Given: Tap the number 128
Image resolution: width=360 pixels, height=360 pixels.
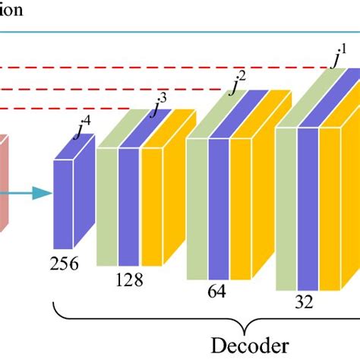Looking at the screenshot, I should click(130, 279).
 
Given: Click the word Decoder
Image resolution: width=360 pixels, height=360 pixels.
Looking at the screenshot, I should click(251, 344).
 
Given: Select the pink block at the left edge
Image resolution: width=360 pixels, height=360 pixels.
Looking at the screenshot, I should click(4, 182).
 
